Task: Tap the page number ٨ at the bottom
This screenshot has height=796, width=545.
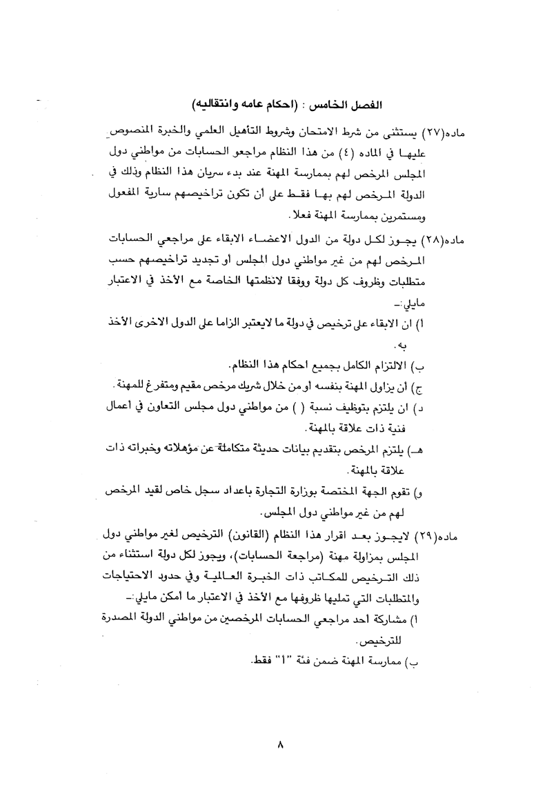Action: coord(279,744)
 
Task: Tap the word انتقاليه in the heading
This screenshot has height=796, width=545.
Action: coord(221,104)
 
